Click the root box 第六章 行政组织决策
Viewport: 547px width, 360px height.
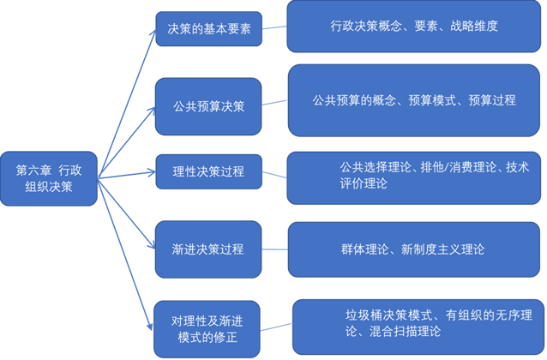50,178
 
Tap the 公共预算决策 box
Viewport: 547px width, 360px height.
207,107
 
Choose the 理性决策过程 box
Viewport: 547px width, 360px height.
207,171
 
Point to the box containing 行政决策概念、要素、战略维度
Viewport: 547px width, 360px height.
413,27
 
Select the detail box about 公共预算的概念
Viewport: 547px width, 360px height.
413,100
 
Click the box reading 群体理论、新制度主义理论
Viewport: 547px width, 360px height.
413,249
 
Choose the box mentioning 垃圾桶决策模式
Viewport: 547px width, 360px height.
417,325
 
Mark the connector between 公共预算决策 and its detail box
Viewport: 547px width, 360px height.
274,104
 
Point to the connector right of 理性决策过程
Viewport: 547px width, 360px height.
273,175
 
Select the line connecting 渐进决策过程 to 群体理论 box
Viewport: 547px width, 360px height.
274,249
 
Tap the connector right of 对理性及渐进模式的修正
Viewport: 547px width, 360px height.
277,327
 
